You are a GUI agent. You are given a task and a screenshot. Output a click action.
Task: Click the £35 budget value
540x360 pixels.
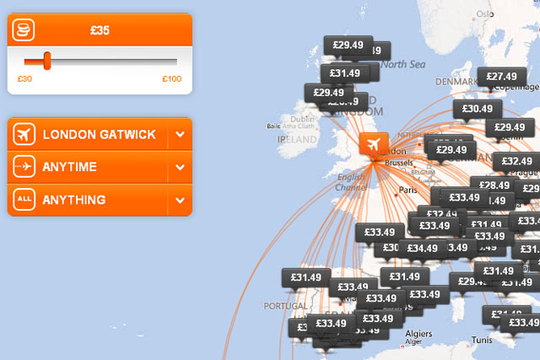(x=100, y=32)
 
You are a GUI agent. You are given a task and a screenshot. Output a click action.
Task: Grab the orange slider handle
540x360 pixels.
(x=47, y=61)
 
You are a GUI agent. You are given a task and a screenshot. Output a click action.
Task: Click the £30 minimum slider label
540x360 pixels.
(x=25, y=79)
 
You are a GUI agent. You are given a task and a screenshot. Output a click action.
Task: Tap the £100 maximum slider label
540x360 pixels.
(x=171, y=79)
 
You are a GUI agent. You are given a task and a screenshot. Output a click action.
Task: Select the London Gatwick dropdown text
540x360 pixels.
(x=98, y=134)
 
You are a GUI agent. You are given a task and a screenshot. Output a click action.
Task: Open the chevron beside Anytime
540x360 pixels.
(x=180, y=167)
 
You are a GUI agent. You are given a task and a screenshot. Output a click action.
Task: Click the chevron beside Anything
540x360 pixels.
(x=180, y=200)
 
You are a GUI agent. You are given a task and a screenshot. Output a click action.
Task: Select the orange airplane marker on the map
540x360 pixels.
(x=373, y=144)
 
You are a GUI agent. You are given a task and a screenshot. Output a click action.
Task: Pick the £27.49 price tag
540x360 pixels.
(x=501, y=77)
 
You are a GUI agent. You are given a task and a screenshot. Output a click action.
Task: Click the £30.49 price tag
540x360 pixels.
(x=478, y=109)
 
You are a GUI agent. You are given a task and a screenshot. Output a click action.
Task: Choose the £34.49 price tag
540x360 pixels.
(x=422, y=248)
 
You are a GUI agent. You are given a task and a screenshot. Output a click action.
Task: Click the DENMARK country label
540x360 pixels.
(x=456, y=82)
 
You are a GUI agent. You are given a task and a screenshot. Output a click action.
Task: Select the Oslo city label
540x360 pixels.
(x=484, y=13)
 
